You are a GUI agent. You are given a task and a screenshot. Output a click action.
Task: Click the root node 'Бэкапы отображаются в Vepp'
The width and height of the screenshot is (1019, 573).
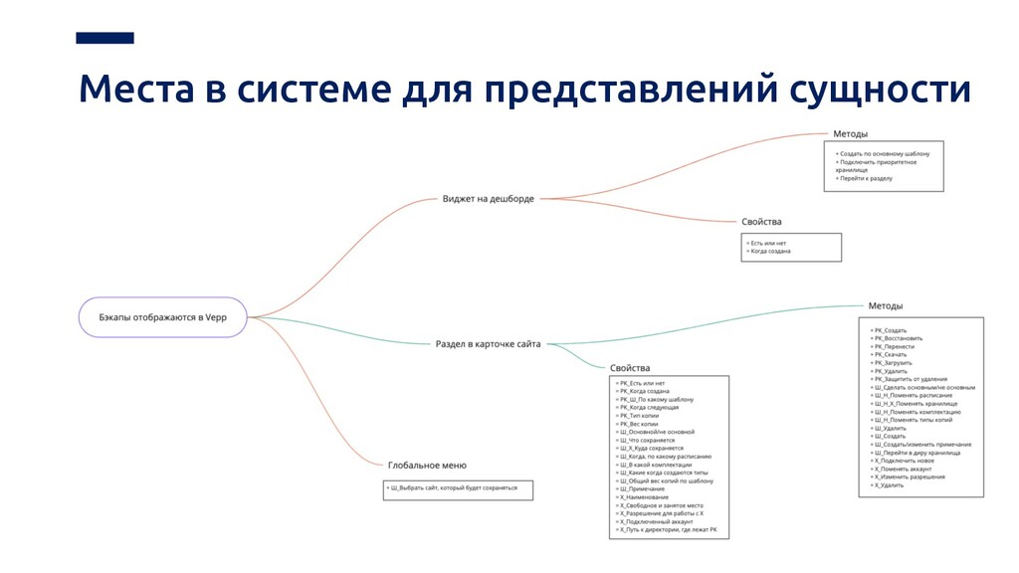click(x=162, y=317)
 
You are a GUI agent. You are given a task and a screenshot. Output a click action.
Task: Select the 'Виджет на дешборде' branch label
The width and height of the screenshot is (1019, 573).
click(x=488, y=199)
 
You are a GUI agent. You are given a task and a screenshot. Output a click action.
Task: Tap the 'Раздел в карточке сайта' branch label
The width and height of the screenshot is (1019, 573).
click(x=488, y=344)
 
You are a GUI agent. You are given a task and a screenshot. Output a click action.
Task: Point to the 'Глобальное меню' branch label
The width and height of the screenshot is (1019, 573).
click(x=427, y=465)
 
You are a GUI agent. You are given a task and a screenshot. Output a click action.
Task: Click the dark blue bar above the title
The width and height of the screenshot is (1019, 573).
click(x=104, y=38)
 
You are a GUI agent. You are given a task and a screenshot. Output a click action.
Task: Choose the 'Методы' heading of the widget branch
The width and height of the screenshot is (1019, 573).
click(x=850, y=133)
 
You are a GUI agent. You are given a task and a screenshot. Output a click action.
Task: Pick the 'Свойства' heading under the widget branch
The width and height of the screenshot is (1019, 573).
click(x=761, y=221)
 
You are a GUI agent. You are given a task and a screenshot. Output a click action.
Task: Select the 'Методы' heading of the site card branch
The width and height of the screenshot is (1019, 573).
click(x=886, y=305)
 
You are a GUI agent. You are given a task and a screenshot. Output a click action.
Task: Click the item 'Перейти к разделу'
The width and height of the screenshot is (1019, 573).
click(x=866, y=179)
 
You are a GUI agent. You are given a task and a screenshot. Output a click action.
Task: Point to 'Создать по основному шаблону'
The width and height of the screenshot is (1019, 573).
click(x=885, y=154)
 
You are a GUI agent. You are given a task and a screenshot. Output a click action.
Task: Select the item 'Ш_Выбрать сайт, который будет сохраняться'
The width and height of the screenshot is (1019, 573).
click(x=455, y=487)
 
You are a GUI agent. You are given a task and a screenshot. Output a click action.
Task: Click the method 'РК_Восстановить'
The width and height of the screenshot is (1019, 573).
click(x=898, y=338)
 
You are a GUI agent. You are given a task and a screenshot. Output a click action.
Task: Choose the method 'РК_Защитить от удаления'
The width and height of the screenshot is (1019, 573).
click(x=910, y=379)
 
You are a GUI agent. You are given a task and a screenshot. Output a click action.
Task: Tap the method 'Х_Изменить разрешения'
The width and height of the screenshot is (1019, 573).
click(x=909, y=477)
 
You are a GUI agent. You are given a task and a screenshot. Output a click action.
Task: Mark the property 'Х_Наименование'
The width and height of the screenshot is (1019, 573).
click(x=644, y=497)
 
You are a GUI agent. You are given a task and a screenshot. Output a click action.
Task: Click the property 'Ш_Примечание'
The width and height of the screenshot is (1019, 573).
click(x=642, y=488)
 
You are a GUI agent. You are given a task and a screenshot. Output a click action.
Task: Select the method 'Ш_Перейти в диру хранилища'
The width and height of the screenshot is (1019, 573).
click(x=916, y=453)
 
